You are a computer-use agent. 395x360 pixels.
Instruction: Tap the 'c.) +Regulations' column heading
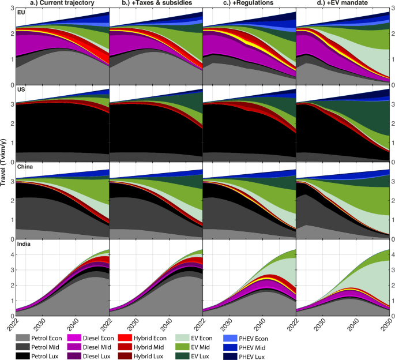pyautogui.click(x=250, y=4)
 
